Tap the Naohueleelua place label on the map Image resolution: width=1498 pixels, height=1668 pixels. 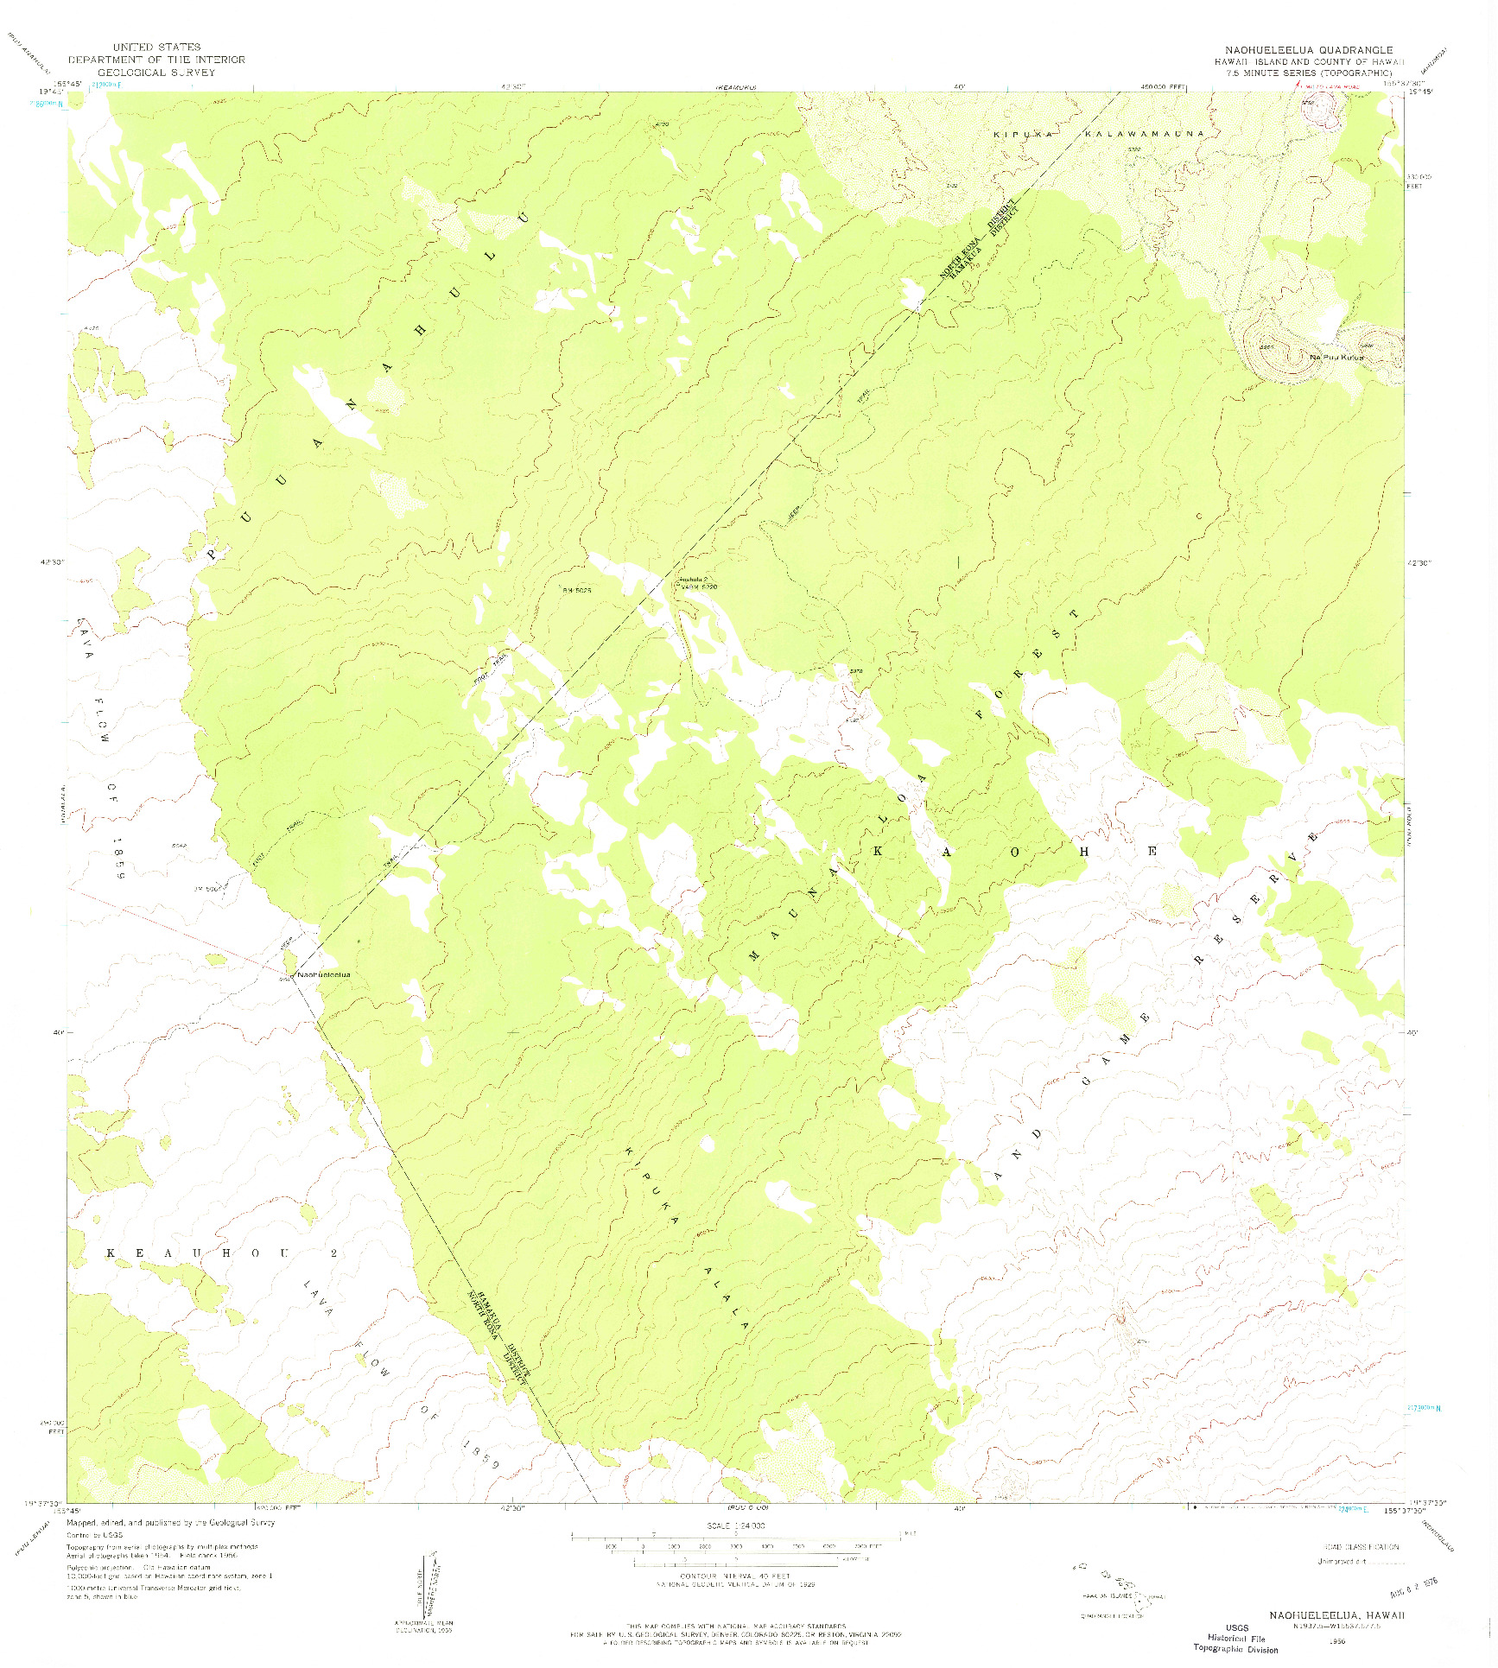pyautogui.click(x=324, y=975)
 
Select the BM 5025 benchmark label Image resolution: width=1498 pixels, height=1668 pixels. pyautogui.click(x=576, y=591)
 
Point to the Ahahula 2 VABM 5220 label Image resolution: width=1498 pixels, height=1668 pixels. pyautogui.click(x=696, y=583)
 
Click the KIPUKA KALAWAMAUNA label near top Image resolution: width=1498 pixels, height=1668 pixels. pyautogui.click(x=1097, y=135)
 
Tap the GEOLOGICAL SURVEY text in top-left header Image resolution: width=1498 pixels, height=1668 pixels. pyautogui.click(x=156, y=73)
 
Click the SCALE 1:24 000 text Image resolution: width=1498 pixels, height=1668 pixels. pyautogui.click(x=736, y=1526)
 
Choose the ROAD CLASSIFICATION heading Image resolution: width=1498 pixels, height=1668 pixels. pyautogui.click(x=1361, y=1547)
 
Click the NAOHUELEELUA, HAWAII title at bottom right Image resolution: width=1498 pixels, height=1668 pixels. pyautogui.click(x=1337, y=1614)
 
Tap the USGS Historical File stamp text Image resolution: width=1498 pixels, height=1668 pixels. pyautogui.click(x=1235, y=1638)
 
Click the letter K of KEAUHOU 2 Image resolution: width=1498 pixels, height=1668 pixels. pyautogui.click(x=111, y=1253)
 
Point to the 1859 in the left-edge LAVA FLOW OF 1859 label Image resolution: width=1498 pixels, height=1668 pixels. pyautogui.click(x=119, y=859)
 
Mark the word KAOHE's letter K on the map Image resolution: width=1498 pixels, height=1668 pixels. pyautogui.click(x=879, y=851)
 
